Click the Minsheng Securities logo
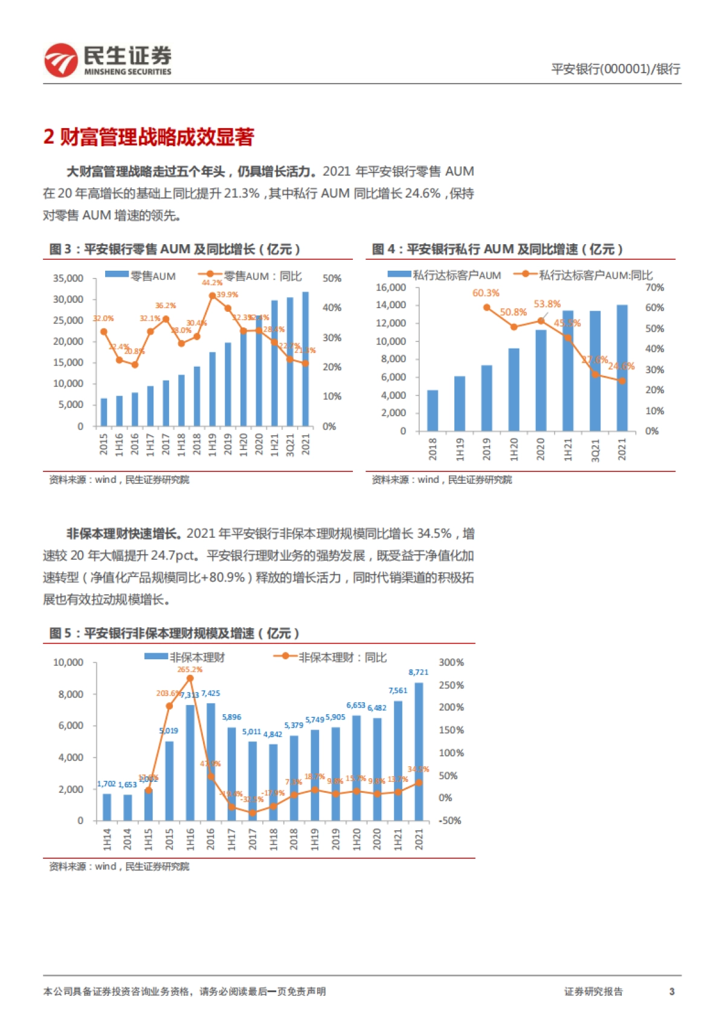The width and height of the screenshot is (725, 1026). (108, 60)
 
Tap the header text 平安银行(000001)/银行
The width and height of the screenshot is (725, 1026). (615, 69)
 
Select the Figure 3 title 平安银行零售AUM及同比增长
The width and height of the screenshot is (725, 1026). (175, 249)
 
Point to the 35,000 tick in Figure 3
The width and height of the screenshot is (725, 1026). (68, 279)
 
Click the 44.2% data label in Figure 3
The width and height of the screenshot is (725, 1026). (212, 283)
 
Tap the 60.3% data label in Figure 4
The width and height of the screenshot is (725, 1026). (486, 293)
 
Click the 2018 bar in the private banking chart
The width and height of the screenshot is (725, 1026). (433, 410)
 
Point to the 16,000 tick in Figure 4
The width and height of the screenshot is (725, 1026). (390, 288)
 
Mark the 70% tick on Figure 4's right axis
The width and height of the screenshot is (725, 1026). (654, 288)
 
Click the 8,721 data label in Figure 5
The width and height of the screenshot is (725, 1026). (418, 672)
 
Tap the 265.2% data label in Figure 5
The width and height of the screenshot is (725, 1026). (190, 669)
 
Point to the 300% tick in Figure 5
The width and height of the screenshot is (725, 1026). (451, 663)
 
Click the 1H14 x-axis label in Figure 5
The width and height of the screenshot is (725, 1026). (107, 839)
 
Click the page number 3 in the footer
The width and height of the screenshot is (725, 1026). (671, 992)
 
